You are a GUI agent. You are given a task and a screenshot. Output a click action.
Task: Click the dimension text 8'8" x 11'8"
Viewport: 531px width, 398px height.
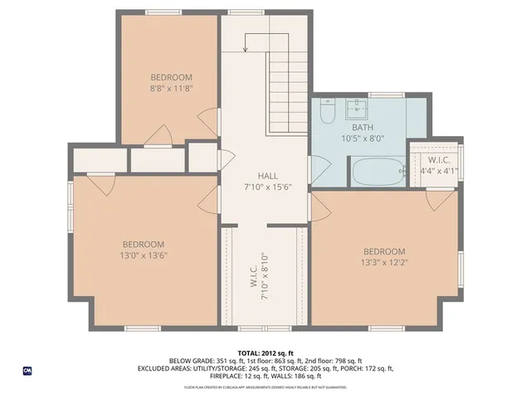(172, 87)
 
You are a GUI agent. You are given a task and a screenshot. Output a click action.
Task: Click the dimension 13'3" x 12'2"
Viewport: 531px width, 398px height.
(384, 262)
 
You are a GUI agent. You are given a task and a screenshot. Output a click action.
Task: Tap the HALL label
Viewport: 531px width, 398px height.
(267, 176)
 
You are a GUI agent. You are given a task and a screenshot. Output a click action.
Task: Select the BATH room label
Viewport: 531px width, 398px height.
(362, 128)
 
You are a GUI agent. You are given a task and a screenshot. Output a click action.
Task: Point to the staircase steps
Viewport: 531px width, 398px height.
(287, 91)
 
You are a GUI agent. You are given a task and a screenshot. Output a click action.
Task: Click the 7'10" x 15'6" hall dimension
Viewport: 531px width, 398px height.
(267, 187)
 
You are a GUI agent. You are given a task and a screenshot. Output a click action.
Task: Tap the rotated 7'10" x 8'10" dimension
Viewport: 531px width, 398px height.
(266, 276)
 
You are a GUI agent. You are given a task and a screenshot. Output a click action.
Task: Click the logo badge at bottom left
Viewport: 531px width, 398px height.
(27, 370)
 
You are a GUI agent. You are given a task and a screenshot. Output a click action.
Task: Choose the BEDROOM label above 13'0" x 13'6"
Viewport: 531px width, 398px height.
(143, 244)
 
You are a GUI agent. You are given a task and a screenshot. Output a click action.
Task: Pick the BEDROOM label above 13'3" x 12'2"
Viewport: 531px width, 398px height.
(384, 251)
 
